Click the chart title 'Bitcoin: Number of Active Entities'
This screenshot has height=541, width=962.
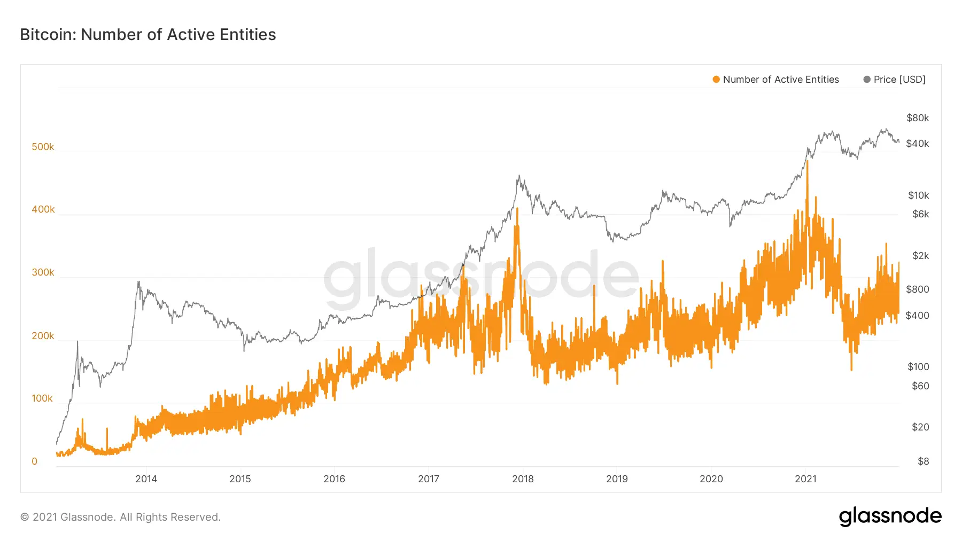pos(148,35)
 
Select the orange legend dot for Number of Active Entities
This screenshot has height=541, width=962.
pos(716,80)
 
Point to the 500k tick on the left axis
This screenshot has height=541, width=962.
pos(43,147)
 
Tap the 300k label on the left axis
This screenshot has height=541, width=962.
pos(43,272)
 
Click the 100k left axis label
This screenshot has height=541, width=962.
pos(42,398)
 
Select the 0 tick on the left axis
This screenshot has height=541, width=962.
pos(35,461)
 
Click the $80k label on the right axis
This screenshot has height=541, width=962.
pos(918,118)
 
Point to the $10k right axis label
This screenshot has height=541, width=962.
pos(918,195)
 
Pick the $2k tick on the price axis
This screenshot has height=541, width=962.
pos(920,256)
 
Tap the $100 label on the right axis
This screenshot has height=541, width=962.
pos(918,367)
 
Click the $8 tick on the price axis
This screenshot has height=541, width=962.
pos(923,461)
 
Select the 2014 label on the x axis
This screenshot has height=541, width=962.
pos(146,479)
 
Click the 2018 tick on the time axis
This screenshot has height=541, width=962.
pos(523,479)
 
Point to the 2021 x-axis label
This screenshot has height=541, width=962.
pos(805,479)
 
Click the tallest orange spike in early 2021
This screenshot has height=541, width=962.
pos(807,162)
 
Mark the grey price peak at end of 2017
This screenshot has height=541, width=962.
pos(518,176)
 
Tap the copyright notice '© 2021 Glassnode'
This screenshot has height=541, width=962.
pos(120,517)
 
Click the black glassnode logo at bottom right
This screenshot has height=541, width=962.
pos(890,516)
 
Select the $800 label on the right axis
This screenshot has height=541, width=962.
pos(918,289)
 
